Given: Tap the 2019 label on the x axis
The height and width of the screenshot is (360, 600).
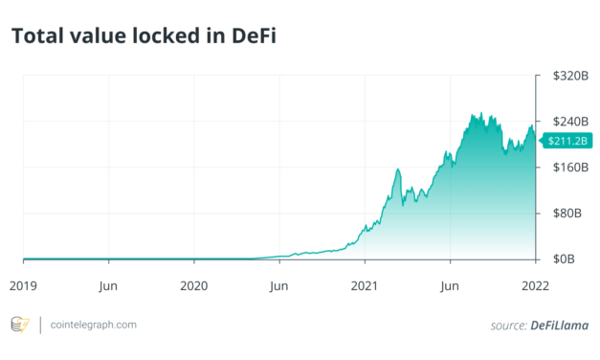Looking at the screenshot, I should [24, 285].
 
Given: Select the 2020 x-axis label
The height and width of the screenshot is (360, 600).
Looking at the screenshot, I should [194, 285].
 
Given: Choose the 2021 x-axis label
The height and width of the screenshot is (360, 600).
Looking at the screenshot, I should [365, 285].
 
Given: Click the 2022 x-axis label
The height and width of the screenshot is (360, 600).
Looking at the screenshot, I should [535, 285].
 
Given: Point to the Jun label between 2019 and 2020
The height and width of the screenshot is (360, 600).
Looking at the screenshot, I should [108, 285].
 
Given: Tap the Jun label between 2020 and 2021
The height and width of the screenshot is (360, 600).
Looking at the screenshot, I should [278, 285].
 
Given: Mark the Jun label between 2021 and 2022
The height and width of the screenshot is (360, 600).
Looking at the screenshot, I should [450, 285].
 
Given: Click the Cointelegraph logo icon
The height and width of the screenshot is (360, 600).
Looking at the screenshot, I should [19, 326].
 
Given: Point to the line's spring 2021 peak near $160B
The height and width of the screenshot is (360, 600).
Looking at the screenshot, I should [397, 169].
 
